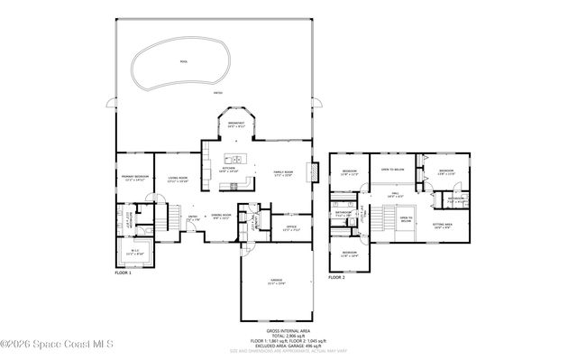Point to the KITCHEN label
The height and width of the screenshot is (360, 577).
229,169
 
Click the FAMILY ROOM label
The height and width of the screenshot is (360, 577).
284,173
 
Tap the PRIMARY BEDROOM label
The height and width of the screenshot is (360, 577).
134,178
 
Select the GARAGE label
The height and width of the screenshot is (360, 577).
275,282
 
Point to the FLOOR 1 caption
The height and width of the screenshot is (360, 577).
123,272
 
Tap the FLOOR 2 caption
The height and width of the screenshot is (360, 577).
336,278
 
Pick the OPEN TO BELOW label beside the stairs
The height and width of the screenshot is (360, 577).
406,218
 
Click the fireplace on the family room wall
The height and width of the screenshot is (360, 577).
314,172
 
